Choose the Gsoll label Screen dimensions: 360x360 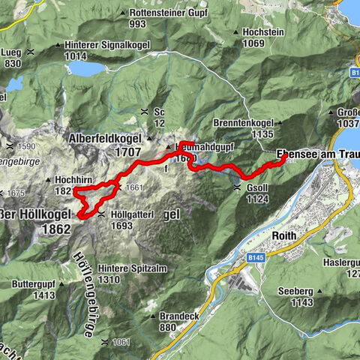click(x=258, y=187)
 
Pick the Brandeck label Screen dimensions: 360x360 click(x=178, y=316)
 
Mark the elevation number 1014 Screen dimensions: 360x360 click(x=87, y=55)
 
